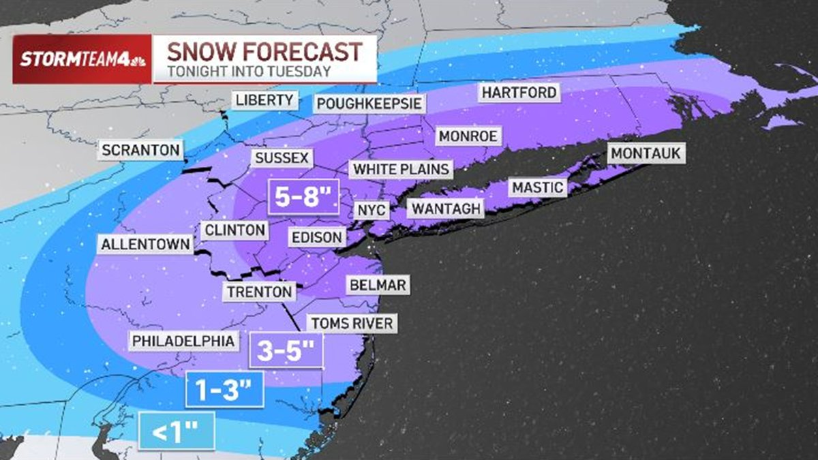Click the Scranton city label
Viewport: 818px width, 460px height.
click(141, 149)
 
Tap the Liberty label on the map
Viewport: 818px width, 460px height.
click(264, 100)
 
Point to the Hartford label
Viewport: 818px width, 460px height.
click(519, 92)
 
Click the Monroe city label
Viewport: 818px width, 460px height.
click(468, 136)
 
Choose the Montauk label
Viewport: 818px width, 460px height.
click(646, 153)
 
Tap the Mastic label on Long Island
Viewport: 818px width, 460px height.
click(538, 187)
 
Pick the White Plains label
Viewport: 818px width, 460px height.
click(400, 169)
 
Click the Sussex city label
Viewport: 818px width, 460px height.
click(282, 159)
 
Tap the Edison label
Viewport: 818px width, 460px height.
click(316, 237)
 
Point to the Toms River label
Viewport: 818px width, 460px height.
click(352, 323)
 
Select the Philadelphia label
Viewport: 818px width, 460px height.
click(183, 340)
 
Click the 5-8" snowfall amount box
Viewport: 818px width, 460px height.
click(303, 198)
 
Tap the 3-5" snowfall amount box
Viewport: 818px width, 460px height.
click(286, 350)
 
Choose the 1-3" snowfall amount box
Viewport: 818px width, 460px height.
click(225, 390)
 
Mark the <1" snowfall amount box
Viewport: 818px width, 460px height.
click(177, 431)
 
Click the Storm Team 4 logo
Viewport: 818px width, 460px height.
click(82, 59)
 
